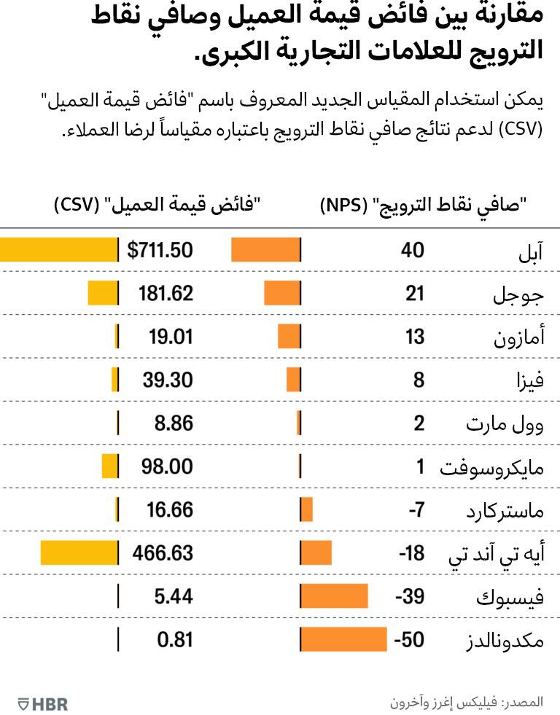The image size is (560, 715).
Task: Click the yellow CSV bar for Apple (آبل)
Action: pos(58,250)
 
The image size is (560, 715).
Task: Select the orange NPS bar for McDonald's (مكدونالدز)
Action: pos(343,640)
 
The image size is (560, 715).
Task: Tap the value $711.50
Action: pos(160,250)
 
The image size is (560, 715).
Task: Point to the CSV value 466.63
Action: pos(163,552)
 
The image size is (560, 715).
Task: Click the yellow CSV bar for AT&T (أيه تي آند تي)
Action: pos(79,552)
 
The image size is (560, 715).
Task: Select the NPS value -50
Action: pos(408,640)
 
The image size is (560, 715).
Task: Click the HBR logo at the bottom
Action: pos(43,703)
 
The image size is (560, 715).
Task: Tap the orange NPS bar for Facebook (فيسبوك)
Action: pos(334,597)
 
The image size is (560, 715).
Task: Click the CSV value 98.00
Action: pos(166,466)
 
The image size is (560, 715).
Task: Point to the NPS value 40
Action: pos(412,250)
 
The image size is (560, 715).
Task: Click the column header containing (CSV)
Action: pos(158,206)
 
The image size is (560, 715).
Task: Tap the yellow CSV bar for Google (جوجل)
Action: pos(102,294)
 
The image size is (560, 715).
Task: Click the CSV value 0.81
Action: pos(175,640)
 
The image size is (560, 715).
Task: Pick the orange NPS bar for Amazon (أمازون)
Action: pos(289,337)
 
